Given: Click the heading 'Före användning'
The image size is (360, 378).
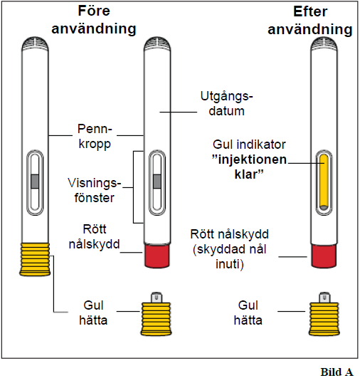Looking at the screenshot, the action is (94, 20).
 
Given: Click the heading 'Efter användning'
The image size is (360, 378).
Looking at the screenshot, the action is (310, 21).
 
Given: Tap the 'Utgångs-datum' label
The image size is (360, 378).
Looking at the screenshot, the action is (226, 104).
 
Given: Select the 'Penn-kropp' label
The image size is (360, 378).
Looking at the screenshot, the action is (95, 137).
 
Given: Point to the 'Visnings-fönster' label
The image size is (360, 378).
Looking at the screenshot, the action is (94, 191).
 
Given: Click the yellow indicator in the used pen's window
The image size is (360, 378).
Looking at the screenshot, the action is (324, 182).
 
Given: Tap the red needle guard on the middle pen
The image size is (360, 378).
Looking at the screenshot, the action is (157, 256).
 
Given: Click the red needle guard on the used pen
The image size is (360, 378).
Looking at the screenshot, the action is (324, 256).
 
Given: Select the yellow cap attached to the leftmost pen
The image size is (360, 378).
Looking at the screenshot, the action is (35, 259).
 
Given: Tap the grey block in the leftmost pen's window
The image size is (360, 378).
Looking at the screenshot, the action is (35, 182).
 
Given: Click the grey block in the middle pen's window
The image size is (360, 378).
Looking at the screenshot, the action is (157, 182).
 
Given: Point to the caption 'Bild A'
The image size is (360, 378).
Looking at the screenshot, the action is (337, 372).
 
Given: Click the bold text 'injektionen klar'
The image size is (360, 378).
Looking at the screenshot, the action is (250, 167).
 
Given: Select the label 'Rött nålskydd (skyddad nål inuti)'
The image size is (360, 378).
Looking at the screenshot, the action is (230, 249).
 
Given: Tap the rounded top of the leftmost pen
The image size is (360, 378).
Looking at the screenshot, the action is (35, 43).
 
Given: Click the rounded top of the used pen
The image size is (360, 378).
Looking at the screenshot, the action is (324, 43).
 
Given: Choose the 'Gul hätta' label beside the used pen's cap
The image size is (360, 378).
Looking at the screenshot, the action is (248, 313).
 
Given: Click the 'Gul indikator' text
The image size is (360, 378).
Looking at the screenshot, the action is (249, 145).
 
